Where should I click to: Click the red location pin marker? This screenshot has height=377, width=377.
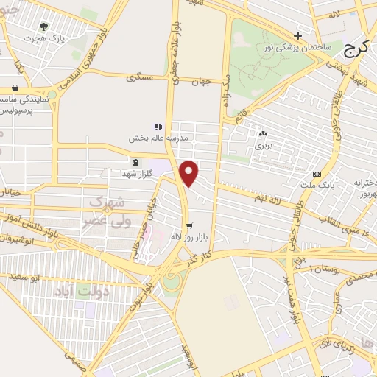[x=190, y=172]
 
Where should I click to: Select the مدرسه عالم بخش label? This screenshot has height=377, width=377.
[x=160, y=138]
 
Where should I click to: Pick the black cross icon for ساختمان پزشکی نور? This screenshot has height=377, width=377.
[x=297, y=35]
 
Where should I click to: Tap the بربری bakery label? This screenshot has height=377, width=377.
[x=263, y=145]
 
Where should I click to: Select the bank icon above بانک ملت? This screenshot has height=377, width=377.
[x=317, y=174]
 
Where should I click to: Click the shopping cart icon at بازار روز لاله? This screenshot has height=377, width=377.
[x=190, y=227]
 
